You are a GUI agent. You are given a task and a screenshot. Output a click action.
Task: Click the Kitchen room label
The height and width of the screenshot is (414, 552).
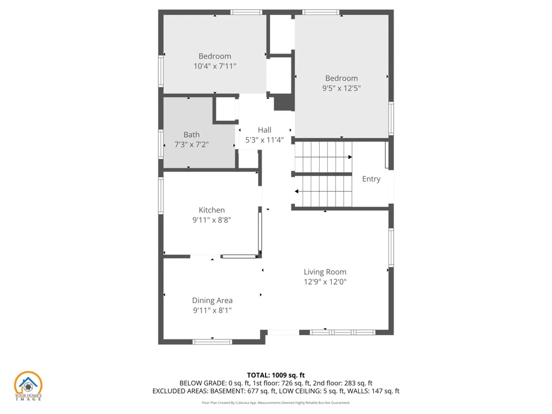coord(211,210)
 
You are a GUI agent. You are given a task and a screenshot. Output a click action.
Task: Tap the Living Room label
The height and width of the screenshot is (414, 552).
coord(325,272)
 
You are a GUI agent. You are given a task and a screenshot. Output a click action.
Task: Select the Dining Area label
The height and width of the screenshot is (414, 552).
coord(213,301)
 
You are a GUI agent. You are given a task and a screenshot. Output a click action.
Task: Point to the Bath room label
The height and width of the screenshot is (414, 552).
coord(192,135)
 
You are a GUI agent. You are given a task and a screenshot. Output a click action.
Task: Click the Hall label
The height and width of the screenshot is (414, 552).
coord(264,130)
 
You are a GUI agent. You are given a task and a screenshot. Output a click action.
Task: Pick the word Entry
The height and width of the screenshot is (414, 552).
coord(371,179)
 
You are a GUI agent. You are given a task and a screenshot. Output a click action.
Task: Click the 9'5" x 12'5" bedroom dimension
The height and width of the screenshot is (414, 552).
coord(342,88)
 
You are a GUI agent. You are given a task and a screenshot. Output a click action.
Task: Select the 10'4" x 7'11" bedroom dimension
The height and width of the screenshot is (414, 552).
coord(215,66)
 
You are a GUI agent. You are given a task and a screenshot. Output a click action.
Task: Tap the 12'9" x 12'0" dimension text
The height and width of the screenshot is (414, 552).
coord(325,282)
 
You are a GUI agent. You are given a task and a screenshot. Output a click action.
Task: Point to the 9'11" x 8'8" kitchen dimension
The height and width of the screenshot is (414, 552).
coord(211,220)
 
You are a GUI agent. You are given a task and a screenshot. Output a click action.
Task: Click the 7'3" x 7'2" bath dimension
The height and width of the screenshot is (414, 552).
coord(192,145)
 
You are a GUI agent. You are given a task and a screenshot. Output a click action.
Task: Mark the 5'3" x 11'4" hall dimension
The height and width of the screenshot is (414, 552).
coord(264,140)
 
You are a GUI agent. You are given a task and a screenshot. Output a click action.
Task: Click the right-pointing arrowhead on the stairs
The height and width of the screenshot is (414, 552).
coord(350,157)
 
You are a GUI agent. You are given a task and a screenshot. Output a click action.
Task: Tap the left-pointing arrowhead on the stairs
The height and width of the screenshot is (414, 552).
coord(297,192)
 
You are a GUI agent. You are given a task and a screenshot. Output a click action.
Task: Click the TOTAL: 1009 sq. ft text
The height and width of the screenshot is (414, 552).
coord(275,375)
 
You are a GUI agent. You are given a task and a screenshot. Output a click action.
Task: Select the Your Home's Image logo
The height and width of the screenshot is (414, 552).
coord(28,386)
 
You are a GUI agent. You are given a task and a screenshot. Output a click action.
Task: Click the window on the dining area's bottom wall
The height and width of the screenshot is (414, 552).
coord(213,342)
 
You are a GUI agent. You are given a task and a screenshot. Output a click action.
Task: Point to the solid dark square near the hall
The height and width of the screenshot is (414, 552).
coord(284,103)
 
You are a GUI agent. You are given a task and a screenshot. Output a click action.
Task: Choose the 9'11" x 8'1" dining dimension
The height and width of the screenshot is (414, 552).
coord(213,310)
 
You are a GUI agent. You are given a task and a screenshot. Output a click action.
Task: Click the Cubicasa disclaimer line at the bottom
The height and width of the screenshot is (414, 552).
coord(275,403)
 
